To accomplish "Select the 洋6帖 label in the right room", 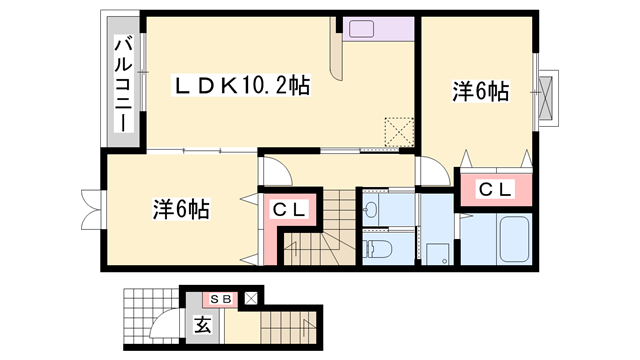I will tap(480, 93).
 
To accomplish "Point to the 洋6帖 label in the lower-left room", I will tap(181, 210).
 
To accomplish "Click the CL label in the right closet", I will tap(494, 189).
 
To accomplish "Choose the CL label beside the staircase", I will tap(289, 210).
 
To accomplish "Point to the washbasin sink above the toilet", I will tap(372, 209).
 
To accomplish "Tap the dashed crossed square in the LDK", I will tap(399, 131).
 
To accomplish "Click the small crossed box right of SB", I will tap(250, 298).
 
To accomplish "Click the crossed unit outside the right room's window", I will tap(548, 98).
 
